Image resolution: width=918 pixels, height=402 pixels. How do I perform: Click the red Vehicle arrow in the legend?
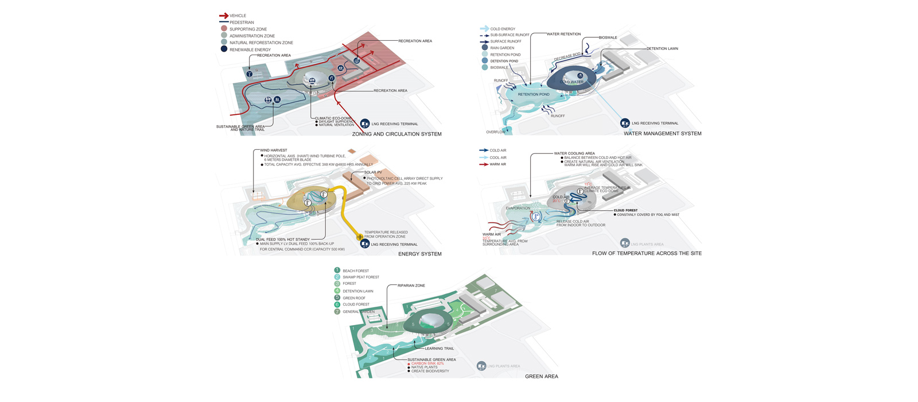224,16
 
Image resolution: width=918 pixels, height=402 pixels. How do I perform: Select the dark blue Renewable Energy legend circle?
224,49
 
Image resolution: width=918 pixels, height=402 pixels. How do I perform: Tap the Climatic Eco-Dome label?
333,118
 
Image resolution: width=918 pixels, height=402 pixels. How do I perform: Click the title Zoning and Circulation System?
397,134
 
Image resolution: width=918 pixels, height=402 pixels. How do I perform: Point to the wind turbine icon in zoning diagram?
250,74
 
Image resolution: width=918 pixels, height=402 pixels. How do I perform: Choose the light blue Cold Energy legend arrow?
484,29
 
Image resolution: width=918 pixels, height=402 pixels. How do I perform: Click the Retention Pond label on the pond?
534,94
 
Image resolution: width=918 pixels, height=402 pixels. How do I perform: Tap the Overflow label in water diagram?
496,132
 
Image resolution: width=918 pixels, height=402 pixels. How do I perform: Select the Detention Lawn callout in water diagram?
662,49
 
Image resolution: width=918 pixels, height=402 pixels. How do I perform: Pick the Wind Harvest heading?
274,150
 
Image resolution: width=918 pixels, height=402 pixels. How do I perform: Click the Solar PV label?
373,172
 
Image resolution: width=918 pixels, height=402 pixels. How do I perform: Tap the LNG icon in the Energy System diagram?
365,244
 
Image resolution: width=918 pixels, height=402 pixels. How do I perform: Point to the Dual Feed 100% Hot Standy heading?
283,239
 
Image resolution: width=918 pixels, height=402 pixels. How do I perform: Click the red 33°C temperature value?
487,238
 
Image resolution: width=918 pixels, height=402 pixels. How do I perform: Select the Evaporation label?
518,208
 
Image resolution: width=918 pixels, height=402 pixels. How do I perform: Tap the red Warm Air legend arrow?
484,164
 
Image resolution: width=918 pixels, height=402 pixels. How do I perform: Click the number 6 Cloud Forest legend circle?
337,304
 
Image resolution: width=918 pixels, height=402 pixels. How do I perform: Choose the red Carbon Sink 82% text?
427,364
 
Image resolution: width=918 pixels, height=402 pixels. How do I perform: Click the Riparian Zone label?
411,285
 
